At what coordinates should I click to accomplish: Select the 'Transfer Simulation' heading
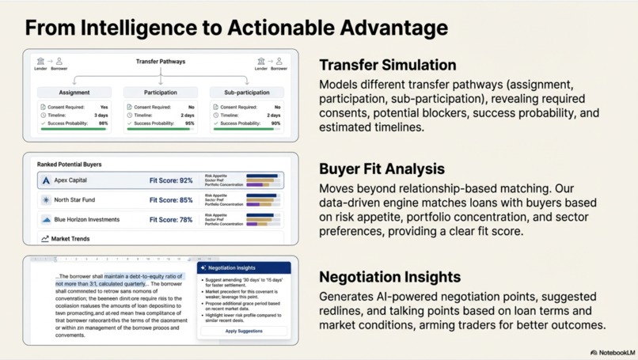click(x=387, y=65)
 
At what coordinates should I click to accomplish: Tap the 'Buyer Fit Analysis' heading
click(x=382, y=169)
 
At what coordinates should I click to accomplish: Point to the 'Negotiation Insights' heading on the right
click(x=389, y=277)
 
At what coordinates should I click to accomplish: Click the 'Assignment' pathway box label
click(x=74, y=93)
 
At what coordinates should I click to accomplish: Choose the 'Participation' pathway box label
click(x=161, y=93)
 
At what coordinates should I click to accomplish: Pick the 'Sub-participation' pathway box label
click(x=247, y=93)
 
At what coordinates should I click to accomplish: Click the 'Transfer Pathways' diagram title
click(x=161, y=62)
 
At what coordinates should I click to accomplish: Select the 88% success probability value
click(x=103, y=123)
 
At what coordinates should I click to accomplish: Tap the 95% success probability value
click(x=189, y=123)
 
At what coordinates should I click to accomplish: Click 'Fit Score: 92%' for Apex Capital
click(x=171, y=180)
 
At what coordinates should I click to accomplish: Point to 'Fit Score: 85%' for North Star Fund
click(x=171, y=200)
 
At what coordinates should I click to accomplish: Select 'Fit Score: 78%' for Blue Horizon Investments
click(x=171, y=220)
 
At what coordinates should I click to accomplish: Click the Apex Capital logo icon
click(x=46, y=180)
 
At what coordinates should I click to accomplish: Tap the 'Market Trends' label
click(x=70, y=238)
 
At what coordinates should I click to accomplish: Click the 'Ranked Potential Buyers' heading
click(x=69, y=165)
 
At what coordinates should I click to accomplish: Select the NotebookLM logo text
click(x=616, y=352)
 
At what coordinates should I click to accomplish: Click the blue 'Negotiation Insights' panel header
click(x=244, y=267)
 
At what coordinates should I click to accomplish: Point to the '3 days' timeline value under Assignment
click(x=101, y=116)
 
